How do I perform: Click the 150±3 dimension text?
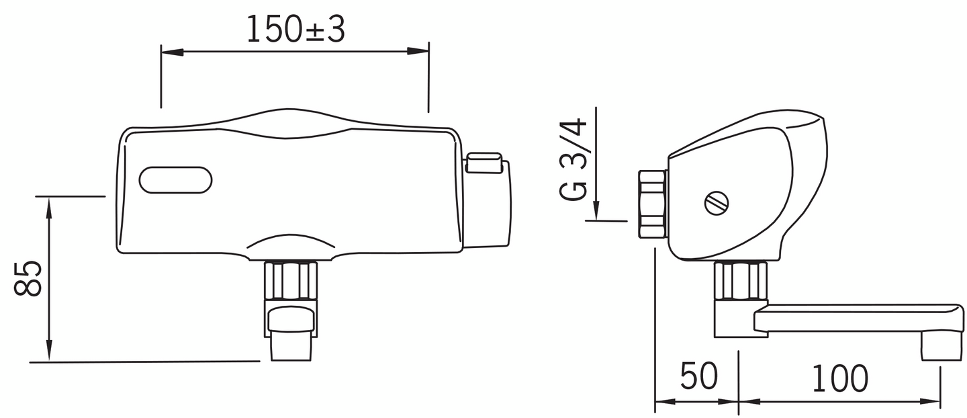click(x=295, y=29)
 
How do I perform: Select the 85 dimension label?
click(x=28, y=278)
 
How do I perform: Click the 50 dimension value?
click(x=699, y=377)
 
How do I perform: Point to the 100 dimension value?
click(x=839, y=378)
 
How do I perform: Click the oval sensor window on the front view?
click(x=176, y=179)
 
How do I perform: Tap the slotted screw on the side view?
click(x=715, y=202)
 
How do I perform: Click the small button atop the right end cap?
click(x=483, y=162)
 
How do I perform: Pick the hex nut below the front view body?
click(x=290, y=281)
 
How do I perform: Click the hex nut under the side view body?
click(x=740, y=281)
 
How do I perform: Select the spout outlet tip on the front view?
click(x=291, y=349)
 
